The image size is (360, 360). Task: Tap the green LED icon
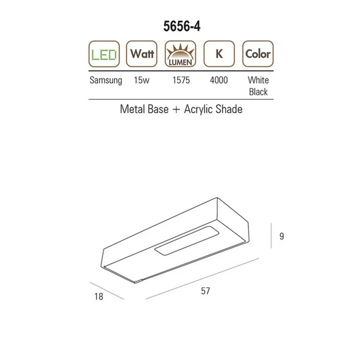click(x=104, y=54)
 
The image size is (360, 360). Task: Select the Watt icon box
click(x=142, y=54)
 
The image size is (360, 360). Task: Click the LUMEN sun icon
click(x=180, y=54)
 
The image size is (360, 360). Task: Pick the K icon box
click(x=219, y=54)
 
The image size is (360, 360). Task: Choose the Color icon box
click(x=258, y=54)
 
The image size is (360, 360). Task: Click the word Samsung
click(x=106, y=81)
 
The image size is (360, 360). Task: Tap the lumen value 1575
click(x=181, y=81)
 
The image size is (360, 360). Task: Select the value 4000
click(x=219, y=81)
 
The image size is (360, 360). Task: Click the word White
click(x=258, y=81)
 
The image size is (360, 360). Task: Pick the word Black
click(x=258, y=92)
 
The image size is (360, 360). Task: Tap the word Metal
click(x=132, y=109)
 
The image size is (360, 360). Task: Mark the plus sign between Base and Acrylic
click(x=176, y=110)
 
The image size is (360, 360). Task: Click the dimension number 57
click(x=206, y=291)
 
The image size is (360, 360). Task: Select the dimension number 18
click(x=99, y=297)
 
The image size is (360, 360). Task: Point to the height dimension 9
click(x=282, y=236)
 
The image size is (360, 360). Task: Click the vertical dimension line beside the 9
click(x=271, y=236)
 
